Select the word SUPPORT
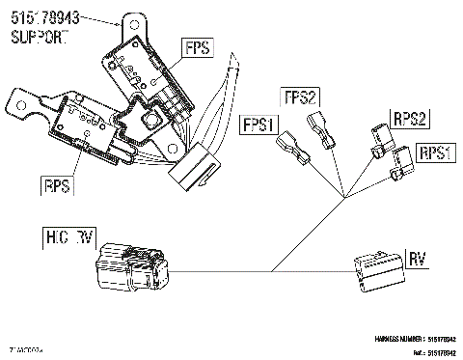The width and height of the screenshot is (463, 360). click(x=40, y=37)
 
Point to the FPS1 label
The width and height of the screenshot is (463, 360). click(x=259, y=125)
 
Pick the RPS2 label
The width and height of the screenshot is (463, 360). click(x=409, y=119)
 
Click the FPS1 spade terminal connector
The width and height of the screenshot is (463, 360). click(x=290, y=150)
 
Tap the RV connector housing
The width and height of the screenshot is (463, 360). click(x=376, y=269)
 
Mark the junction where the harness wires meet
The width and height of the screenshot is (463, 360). click(x=344, y=199)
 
